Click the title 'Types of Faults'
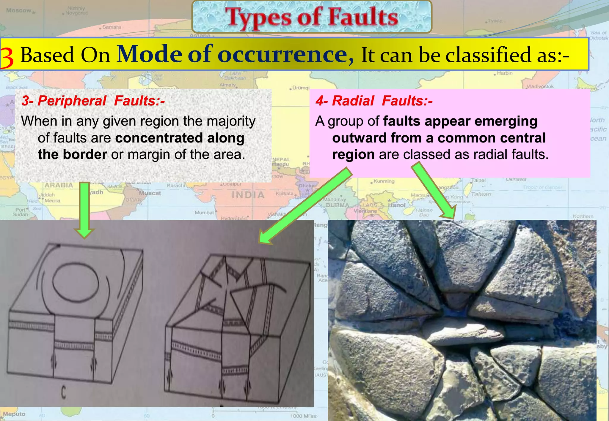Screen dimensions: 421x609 click(311, 17)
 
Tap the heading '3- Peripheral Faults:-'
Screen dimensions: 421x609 click(93, 101)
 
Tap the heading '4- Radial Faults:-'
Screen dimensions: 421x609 click(374, 101)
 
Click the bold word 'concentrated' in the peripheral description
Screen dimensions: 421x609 click(158, 138)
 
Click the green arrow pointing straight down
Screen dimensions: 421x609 click(85, 209)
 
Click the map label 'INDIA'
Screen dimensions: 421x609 click(248, 195)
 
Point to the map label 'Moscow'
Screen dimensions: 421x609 click(19, 11)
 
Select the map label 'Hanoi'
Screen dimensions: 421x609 click(397, 205)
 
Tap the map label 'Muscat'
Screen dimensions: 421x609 click(150, 193)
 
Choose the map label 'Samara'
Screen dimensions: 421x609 click(112, 27)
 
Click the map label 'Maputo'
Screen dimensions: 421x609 click(14, 414)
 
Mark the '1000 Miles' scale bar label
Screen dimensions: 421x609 click(303, 416)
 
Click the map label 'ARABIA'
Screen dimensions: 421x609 click(59, 185)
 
